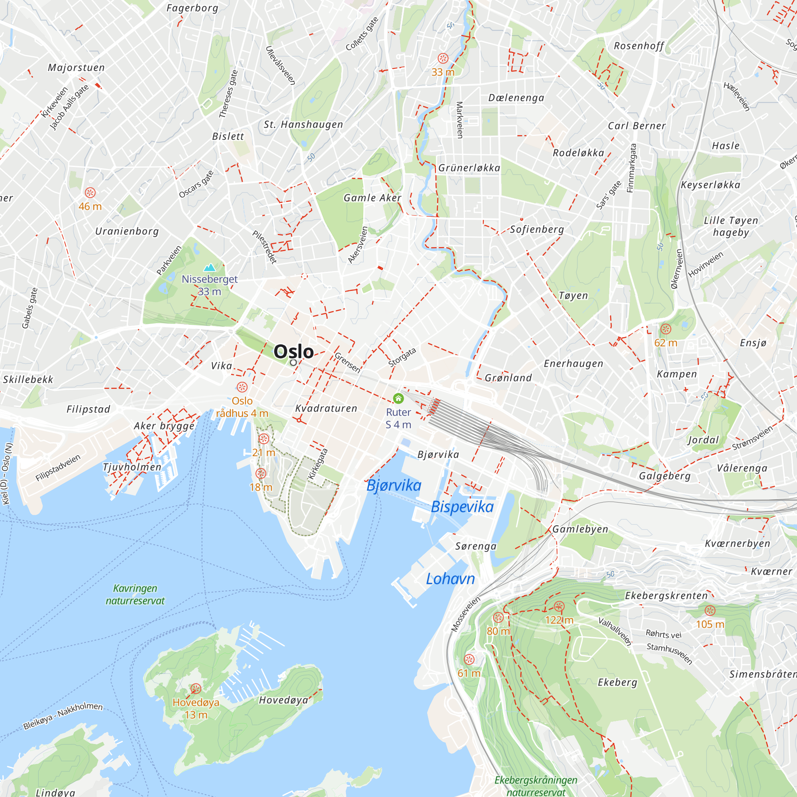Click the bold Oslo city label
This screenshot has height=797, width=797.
pyautogui.click(x=294, y=351)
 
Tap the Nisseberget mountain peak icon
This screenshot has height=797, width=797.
pyautogui.click(x=210, y=268)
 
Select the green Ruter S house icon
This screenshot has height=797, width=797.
pyautogui.click(x=398, y=398)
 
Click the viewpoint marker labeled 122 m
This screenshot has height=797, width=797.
pyautogui.click(x=559, y=606)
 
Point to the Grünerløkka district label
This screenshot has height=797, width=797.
pyautogui.click(x=469, y=168)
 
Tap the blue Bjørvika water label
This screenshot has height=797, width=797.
pyautogui.click(x=394, y=485)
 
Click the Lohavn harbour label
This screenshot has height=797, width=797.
pyautogui.click(x=450, y=579)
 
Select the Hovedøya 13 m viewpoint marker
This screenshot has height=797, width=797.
pyautogui.click(x=196, y=689)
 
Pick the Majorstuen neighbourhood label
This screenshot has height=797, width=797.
pyautogui.click(x=77, y=68)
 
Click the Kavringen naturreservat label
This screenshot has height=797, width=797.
pyautogui.click(x=135, y=595)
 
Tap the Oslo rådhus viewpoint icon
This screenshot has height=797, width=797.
pyautogui.click(x=242, y=387)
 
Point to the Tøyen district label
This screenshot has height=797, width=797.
pyautogui.click(x=573, y=296)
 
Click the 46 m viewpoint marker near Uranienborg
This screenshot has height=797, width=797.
pyautogui.click(x=90, y=192)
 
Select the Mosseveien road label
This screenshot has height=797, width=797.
pyautogui.click(x=465, y=614)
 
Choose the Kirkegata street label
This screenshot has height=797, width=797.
pyautogui.click(x=318, y=464)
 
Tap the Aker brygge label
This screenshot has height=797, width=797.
pyautogui.click(x=164, y=426)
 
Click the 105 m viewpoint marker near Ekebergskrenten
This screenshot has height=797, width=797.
pyautogui.click(x=710, y=611)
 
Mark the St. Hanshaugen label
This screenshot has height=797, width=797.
pyautogui.click(x=303, y=125)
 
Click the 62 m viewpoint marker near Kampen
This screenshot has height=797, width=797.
pyautogui.click(x=665, y=329)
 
